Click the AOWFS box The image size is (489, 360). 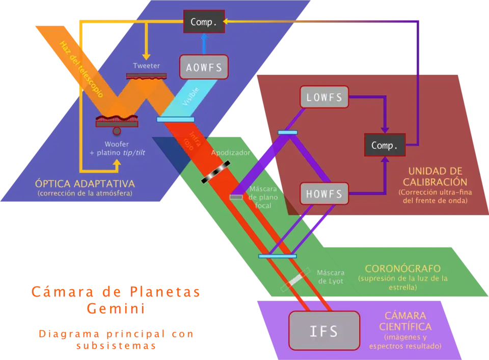tap(204, 67)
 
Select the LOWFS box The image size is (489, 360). tap(324, 97)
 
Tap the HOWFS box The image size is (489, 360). tap(324, 193)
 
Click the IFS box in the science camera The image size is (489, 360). tap(324, 331)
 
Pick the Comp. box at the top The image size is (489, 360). tap(204, 22)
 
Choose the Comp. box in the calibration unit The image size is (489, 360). tap(385, 146)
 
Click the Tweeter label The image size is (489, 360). tap(146, 66)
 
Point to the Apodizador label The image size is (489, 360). tap(231, 153)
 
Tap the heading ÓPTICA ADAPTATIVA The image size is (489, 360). tap(85, 183)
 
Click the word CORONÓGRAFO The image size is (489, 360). tap(402, 268)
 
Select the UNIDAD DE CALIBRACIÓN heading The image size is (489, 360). tap(434, 176)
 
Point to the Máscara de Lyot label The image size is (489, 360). tap(331, 276)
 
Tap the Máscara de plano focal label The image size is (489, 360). tap(263, 197)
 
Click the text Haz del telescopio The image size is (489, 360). tap(81, 69)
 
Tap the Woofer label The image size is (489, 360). tap(118, 144)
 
